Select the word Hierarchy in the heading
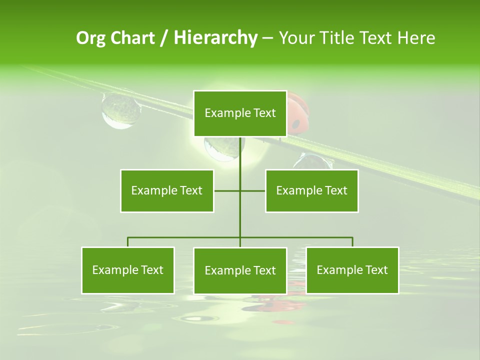pos(215,38)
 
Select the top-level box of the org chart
pos(240,113)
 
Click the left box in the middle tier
pos(167,190)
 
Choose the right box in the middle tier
pos(311,190)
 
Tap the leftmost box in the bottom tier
pos(128,270)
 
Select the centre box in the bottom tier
pos(240,270)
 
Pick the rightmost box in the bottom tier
pos(352,270)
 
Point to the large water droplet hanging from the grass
pos(120,110)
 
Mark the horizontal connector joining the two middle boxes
pos(239,190)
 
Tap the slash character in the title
pos(163,38)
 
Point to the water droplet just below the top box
pos(221,148)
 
